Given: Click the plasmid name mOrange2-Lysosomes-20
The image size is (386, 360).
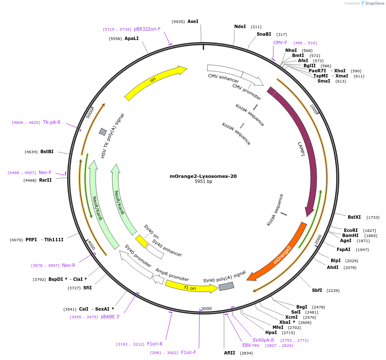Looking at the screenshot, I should [203, 176].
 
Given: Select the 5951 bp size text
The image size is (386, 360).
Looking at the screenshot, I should [203, 182].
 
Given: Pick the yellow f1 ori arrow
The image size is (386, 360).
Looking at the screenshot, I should [191, 288].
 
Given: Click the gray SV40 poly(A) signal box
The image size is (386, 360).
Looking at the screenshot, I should [226, 286].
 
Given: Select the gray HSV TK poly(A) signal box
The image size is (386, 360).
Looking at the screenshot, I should [102, 132].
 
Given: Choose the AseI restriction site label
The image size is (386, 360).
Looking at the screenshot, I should [193, 21].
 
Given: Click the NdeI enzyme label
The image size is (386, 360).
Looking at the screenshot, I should [240, 26].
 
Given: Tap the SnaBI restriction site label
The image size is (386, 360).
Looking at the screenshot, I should [264, 34].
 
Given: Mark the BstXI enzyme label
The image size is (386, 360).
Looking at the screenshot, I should [354, 217].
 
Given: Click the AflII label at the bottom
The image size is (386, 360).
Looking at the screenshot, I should [230, 353].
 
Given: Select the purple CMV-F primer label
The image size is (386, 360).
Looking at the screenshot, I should [280, 43].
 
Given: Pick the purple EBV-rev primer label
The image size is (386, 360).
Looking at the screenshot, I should [251, 345].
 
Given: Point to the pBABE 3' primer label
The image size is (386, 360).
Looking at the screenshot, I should [110, 317].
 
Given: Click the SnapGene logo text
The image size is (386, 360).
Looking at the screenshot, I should [374, 3].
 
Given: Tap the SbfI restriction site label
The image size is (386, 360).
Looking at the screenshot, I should [317, 290].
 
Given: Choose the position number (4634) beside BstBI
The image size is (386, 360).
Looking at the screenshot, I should [31, 151].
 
